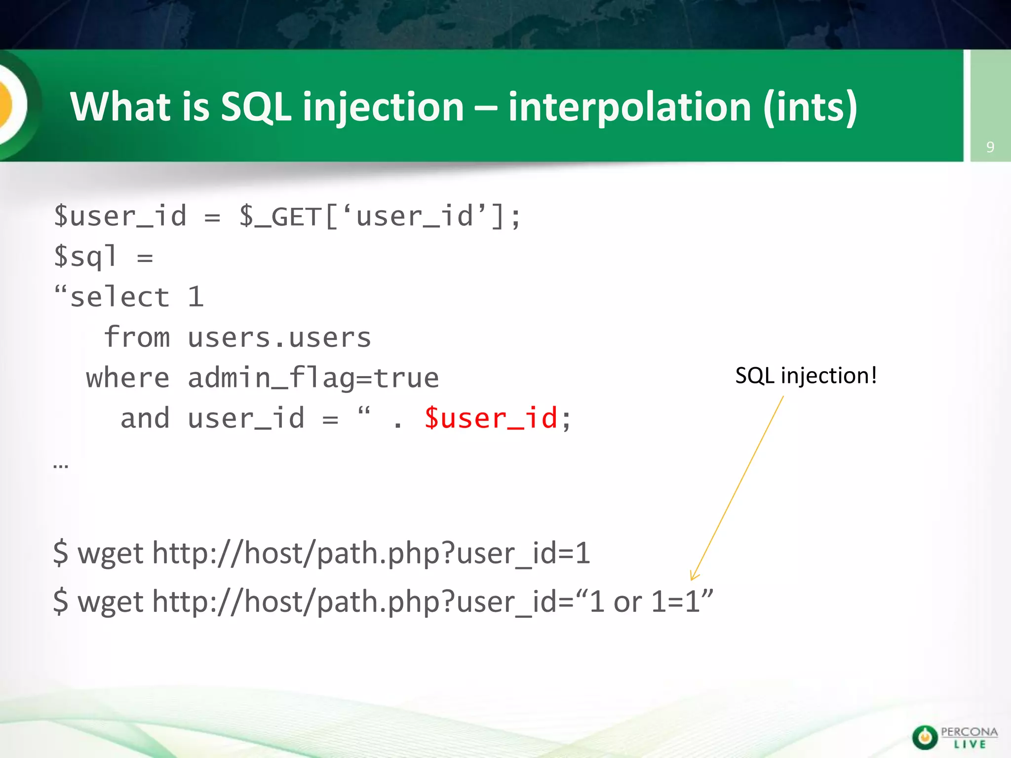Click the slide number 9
click(x=990, y=147)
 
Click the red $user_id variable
click(x=491, y=418)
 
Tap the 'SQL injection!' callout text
click(x=806, y=376)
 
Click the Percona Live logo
click(x=955, y=737)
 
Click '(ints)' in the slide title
click(x=810, y=107)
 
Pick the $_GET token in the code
click(x=280, y=217)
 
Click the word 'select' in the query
click(x=120, y=298)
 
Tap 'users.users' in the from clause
click(x=279, y=338)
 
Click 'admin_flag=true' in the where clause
click(x=313, y=379)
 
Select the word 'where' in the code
click(x=128, y=379)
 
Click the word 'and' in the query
click(x=145, y=418)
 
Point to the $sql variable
click(x=85, y=257)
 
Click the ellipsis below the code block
click(x=61, y=465)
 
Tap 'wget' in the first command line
click(x=111, y=554)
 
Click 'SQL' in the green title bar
click(x=255, y=107)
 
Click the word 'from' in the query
click(x=137, y=338)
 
